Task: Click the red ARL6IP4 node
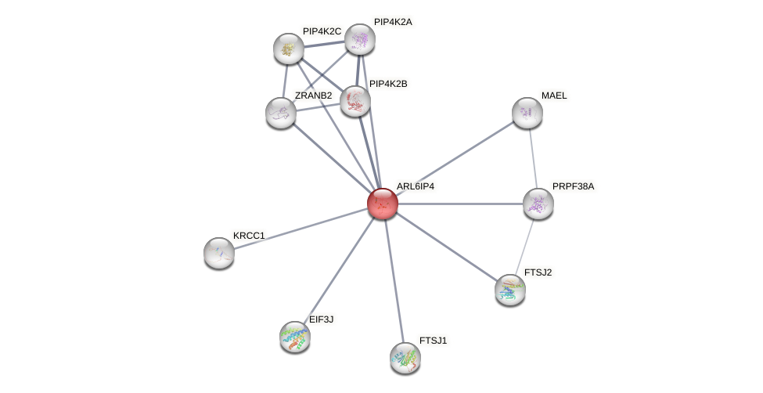point(383,204)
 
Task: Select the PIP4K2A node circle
point(360,39)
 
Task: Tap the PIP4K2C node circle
point(289,49)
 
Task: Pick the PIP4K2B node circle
point(355,101)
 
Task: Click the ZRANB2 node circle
point(281,113)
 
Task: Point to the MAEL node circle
point(527,113)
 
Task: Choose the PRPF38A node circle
point(538,204)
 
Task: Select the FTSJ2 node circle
point(510,290)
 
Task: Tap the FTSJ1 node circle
point(405,358)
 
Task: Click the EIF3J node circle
point(295,337)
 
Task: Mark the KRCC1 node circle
point(219,252)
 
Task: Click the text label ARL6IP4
point(415,186)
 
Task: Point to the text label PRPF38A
point(574,186)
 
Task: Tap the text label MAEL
point(554,96)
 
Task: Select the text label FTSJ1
point(433,341)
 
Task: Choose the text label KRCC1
point(250,235)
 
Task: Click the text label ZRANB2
point(313,96)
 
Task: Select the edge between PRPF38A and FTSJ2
point(524,247)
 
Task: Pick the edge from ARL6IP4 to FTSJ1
point(394,280)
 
